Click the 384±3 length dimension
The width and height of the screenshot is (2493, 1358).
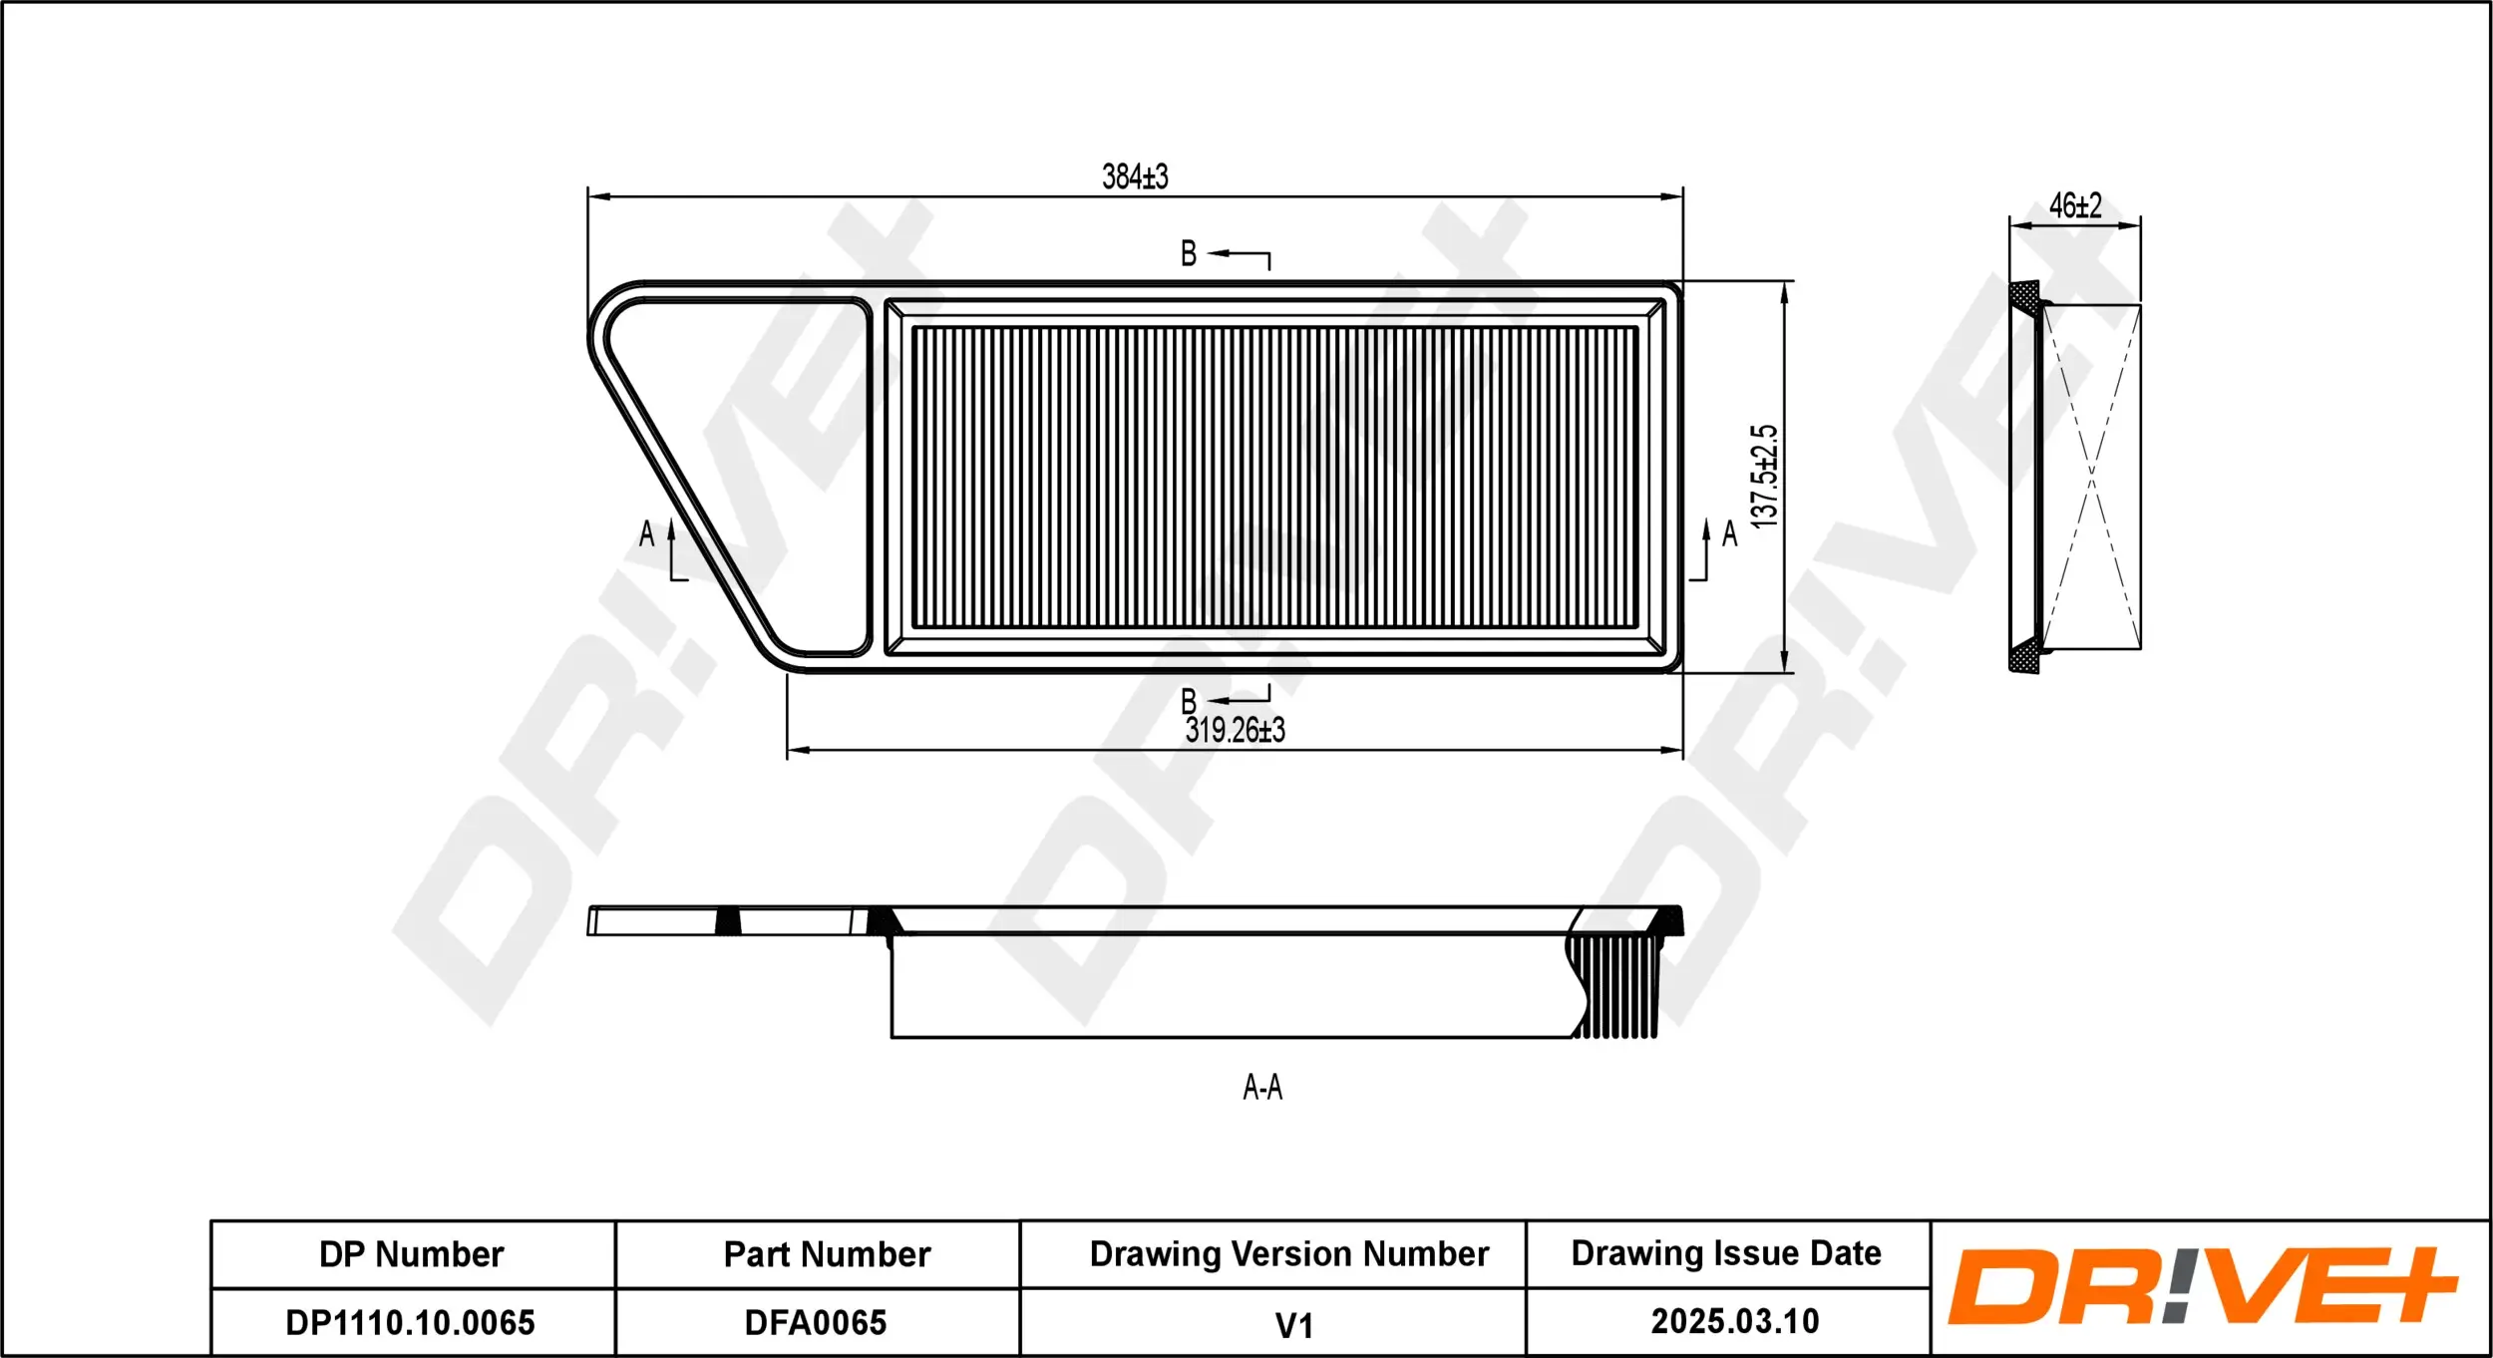point(1135,176)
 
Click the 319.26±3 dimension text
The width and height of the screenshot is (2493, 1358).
point(1235,730)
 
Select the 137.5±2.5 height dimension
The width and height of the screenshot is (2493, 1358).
point(1763,477)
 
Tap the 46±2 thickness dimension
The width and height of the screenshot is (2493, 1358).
point(2075,205)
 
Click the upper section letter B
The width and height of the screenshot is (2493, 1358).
point(1189,253)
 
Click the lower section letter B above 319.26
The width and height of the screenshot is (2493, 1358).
point(1189,700)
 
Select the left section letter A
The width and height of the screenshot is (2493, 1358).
point(646,534)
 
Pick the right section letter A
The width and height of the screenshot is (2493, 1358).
point(1730,534)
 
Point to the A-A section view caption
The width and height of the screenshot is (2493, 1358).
point(1262,1087)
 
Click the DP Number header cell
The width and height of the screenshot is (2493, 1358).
point(412,1254)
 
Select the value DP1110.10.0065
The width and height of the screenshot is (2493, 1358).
point(410,1322)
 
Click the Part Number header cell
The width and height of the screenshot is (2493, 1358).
point(827,1254)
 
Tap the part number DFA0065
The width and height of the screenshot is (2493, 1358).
point(816,1322)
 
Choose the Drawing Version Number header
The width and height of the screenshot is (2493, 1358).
point(1288,1253)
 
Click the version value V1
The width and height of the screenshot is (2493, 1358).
point(1293,1325)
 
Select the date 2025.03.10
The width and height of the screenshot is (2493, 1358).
point(1734,1321)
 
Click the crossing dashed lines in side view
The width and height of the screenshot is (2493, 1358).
point(2092,477)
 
